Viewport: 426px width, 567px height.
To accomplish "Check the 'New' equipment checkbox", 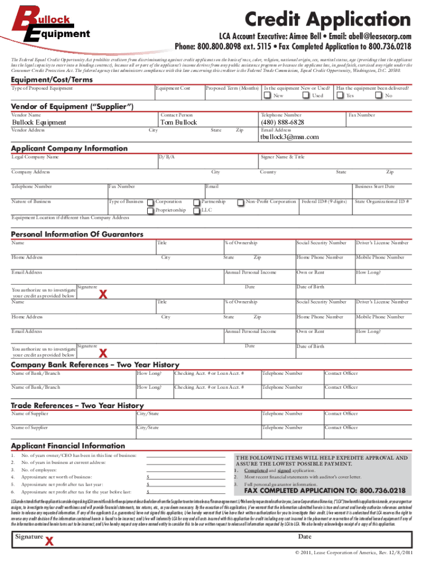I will [267, 96].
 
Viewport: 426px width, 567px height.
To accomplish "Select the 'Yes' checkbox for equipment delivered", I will [340, 96].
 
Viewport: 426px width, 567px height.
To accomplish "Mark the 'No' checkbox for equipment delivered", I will [378, 96].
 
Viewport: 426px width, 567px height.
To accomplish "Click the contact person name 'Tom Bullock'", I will [178, 122].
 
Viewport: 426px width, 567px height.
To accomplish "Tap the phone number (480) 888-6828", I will [282, 122].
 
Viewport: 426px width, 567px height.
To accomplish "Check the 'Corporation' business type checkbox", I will [150, 202].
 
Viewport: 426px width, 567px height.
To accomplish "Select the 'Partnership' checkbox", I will [196, 202].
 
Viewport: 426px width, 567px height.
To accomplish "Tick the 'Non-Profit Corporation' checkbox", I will [240, 202].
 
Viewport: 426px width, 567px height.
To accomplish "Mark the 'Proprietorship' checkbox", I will [150, 210].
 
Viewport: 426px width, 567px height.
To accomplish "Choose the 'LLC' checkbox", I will [196, 210].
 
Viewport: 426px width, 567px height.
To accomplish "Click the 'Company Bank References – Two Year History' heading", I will [95, 365].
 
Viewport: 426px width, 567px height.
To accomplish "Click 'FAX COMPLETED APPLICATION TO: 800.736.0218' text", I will [325, 491].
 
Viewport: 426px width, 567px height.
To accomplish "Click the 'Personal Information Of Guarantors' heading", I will [77, 234].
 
